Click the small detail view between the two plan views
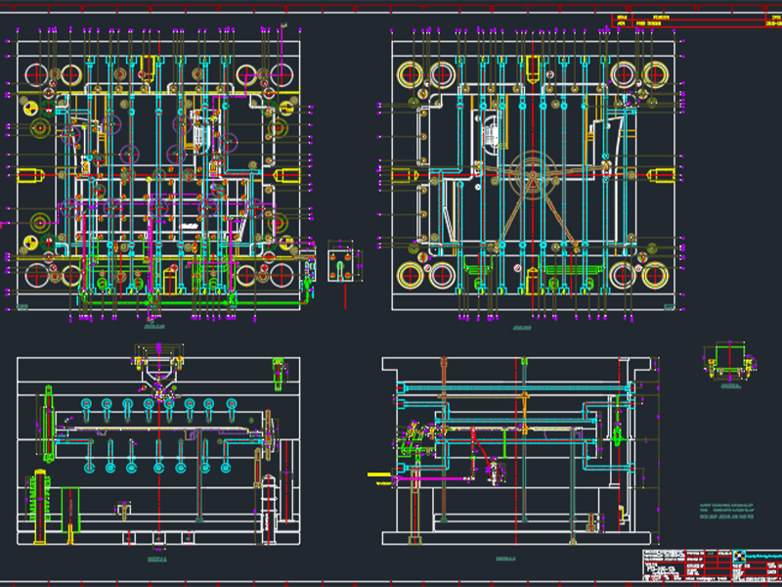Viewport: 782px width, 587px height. coord(342,262)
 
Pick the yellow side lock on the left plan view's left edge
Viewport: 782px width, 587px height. coord(29,176)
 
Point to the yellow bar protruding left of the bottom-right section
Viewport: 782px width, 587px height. coord(380,476)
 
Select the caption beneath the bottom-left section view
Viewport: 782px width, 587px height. coord(156,560)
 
